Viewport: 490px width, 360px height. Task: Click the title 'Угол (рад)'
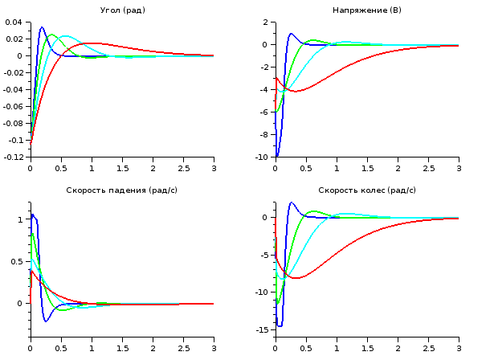[x=122, y=10]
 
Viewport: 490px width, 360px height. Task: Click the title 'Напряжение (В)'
[x=366, y=10]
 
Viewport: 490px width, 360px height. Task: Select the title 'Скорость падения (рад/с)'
[x=122, y=190]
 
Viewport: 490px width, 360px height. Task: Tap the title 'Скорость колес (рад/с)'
[x=367, y=190]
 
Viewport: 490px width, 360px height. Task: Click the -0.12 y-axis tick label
[x=14, y=157]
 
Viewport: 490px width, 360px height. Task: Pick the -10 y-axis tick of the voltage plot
[x=263, y=157]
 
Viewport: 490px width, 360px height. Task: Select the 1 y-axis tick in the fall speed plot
[x=23, y=219]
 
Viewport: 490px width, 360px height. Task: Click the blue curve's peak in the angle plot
[x=42, y=27]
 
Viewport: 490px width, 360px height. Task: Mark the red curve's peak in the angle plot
[x=93, y=43]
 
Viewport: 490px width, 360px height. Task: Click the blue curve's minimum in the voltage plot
[x=277, y=156]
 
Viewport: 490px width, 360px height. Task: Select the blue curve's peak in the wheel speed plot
[x=292, y=202]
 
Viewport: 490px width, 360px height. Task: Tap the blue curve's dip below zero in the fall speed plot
[x=46, y=321]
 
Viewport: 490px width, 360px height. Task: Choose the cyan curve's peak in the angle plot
[x=66, y=35]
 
